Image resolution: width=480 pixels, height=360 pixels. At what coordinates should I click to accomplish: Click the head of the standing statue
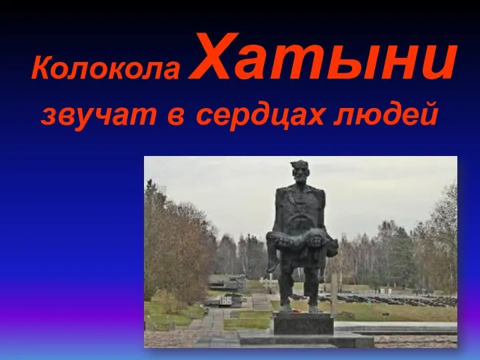(298, 171)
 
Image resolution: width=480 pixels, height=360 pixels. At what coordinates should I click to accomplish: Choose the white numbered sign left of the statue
(225, 300)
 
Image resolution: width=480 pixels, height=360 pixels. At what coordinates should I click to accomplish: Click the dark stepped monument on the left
(227, 282)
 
